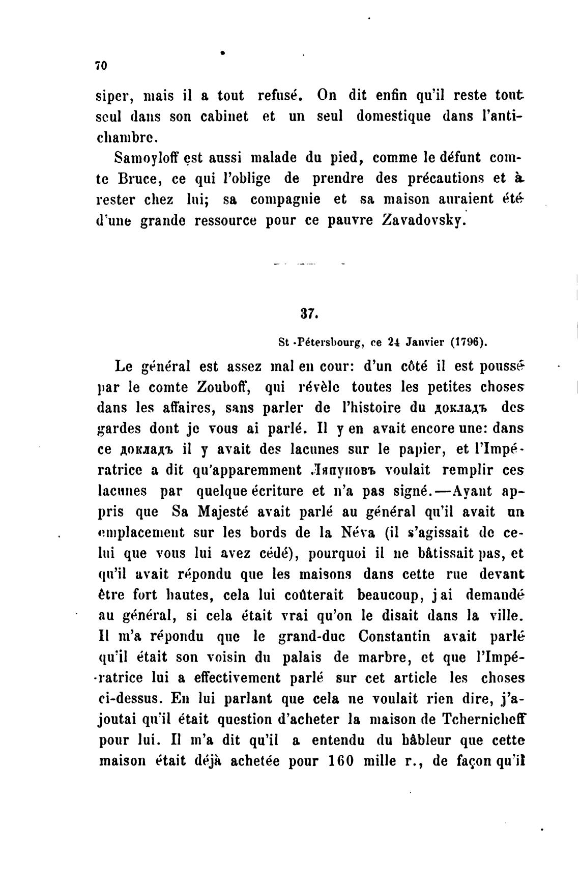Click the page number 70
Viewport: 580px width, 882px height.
point(100,66)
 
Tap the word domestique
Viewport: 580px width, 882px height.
point(393,116)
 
